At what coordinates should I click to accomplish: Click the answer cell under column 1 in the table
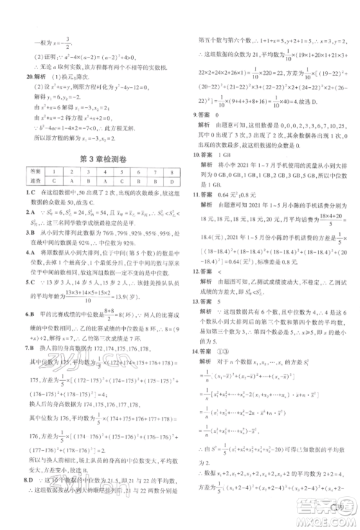[x=54, y=181]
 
